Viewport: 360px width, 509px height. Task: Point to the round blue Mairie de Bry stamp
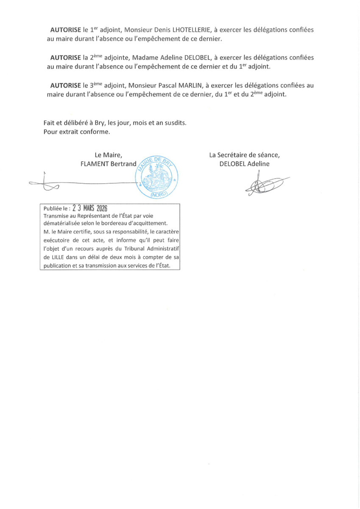coord(156,176)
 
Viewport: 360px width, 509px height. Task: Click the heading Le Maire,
coord(109,155)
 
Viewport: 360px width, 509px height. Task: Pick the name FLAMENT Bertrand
coord(108,164)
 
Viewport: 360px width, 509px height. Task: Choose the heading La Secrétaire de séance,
coord(244,155)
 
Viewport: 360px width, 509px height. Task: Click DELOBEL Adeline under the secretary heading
coord(244,164)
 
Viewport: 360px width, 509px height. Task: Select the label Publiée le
coord(56,209)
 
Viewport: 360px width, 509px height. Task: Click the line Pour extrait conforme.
coord(77,131)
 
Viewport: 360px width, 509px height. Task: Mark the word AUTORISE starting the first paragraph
coord(65,30)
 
